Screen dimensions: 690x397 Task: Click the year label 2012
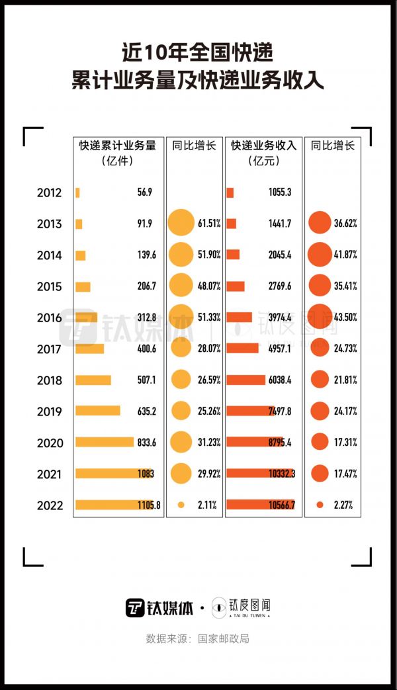click(50, 193)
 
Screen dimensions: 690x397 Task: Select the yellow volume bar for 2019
click(98, 411)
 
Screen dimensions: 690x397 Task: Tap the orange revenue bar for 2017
click(242, 348)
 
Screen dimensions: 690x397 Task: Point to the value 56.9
click(145, 193)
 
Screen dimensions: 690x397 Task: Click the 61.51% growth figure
click(209, 224)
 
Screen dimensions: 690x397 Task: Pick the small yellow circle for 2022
click(181, 505)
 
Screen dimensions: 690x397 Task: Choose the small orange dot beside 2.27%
click(320, 505)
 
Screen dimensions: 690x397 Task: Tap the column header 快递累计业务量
click(118, 146)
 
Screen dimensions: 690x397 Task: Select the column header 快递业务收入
click(264, 146)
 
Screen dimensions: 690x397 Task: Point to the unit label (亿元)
click(264, 161)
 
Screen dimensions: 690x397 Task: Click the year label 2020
click(50, 443)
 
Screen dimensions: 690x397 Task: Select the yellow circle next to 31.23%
click(181, 443)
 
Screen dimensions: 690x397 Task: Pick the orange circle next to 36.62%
click(320, 224)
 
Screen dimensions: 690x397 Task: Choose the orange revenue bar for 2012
click(230, 193)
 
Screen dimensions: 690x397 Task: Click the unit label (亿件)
click(118, 161)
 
